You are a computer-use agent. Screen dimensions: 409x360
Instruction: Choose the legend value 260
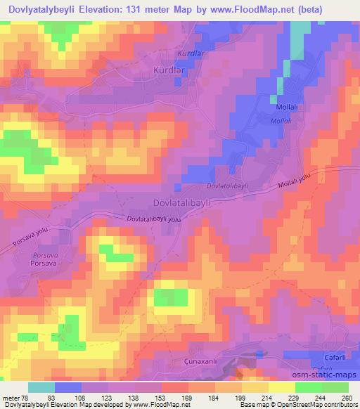click(346, 397)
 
